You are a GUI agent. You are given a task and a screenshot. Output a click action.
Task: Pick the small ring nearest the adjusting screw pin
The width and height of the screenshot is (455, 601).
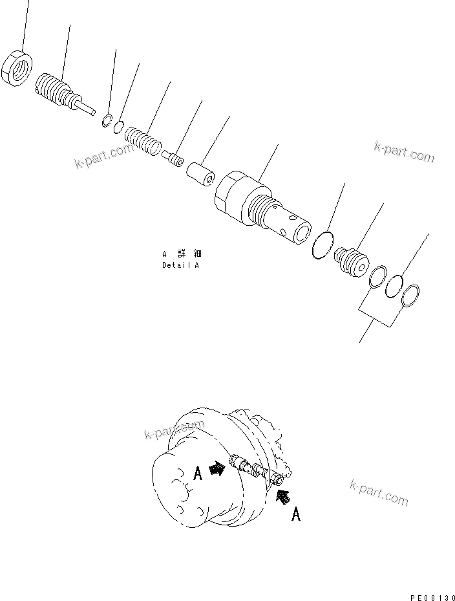[107, 120]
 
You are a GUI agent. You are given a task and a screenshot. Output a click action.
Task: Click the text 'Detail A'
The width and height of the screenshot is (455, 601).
[181, 266]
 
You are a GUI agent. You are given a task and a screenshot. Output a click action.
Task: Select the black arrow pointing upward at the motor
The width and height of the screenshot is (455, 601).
[282, 497]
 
